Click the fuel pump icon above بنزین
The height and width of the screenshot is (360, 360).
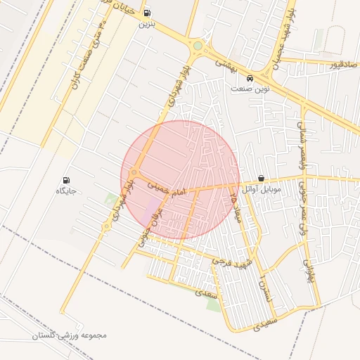point(146,13)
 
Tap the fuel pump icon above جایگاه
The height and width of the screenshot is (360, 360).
point(67,180)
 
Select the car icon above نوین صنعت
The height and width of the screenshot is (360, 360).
point(250,77)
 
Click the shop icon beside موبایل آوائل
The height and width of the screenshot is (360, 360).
point(262,179)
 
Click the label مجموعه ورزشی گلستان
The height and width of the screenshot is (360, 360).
point(69,335)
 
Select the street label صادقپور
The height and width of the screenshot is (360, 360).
point(343,64)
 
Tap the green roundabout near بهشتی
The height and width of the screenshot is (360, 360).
point(198,46)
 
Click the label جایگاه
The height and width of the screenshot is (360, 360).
point(65,191)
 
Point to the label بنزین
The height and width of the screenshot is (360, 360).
point(146,24)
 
